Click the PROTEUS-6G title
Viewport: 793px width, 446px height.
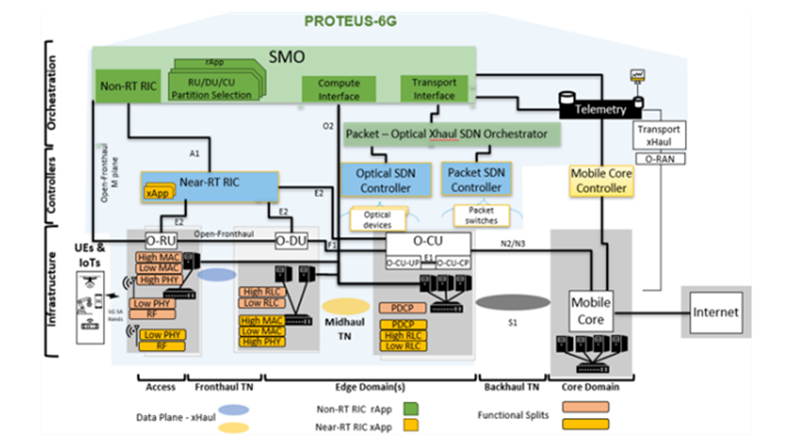coord(350,21)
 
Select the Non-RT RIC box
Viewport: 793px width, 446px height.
coord(128,86)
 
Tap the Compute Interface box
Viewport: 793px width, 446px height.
coord(339,89)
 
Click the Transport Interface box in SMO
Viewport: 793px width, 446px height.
coord(434,89)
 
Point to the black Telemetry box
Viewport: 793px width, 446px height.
coord(600,109)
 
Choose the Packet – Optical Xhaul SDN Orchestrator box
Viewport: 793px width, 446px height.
coord(451,134)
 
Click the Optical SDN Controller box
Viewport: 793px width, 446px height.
coord(386,180)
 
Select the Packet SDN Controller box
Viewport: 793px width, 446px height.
coord(476,180)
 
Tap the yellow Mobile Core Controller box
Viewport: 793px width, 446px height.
coord(601,180)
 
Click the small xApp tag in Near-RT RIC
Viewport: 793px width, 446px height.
coord(158,193)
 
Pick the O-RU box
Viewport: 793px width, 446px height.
coord(161,241)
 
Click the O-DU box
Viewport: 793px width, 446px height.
coord(291,241)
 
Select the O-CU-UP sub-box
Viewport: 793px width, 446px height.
coord(403,263)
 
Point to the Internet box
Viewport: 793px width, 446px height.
coord(716,312)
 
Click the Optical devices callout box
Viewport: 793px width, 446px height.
coord(378,220)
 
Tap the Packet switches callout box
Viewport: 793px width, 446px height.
coord(481,216)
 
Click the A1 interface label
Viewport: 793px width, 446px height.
coord(194,154)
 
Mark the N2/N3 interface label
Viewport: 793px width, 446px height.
coord(513,244)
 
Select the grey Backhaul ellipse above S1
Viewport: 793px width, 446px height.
coord(513,302)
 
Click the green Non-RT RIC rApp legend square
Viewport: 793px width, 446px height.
coord(411,409)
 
